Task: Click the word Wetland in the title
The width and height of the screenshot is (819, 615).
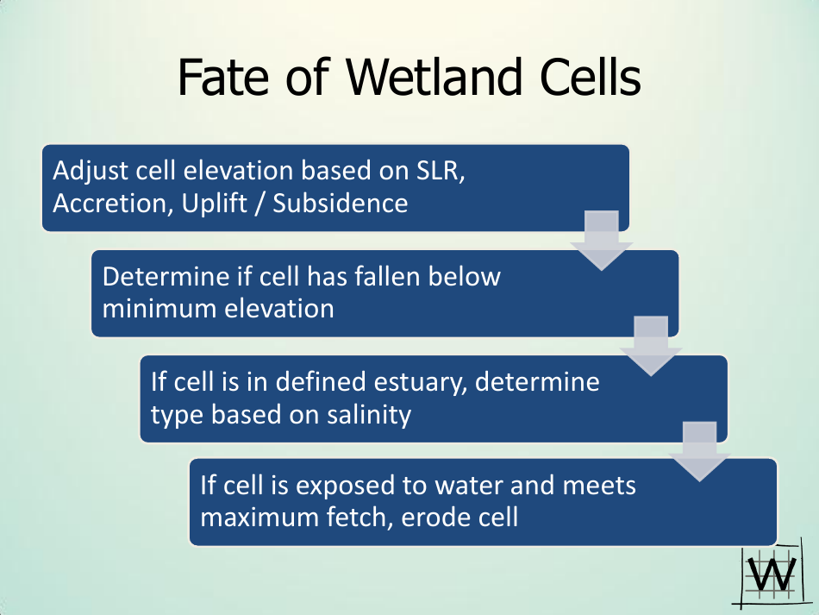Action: point(434,78)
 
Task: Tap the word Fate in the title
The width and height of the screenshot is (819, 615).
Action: point(224,78)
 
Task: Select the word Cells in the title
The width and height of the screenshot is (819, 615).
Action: point(591,78)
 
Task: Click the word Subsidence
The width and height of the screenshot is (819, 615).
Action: point(340,204)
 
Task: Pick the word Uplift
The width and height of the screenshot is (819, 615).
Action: point(214,204)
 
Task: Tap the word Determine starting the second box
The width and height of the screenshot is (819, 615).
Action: point(166,276)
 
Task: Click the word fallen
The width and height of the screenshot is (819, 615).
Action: point(387,276)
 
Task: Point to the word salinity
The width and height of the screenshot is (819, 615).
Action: point(369,415)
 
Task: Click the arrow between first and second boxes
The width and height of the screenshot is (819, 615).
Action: point(601,241)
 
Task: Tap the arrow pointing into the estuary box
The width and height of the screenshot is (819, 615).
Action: point(651,346)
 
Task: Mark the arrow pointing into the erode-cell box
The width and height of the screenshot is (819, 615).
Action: point(699,451)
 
